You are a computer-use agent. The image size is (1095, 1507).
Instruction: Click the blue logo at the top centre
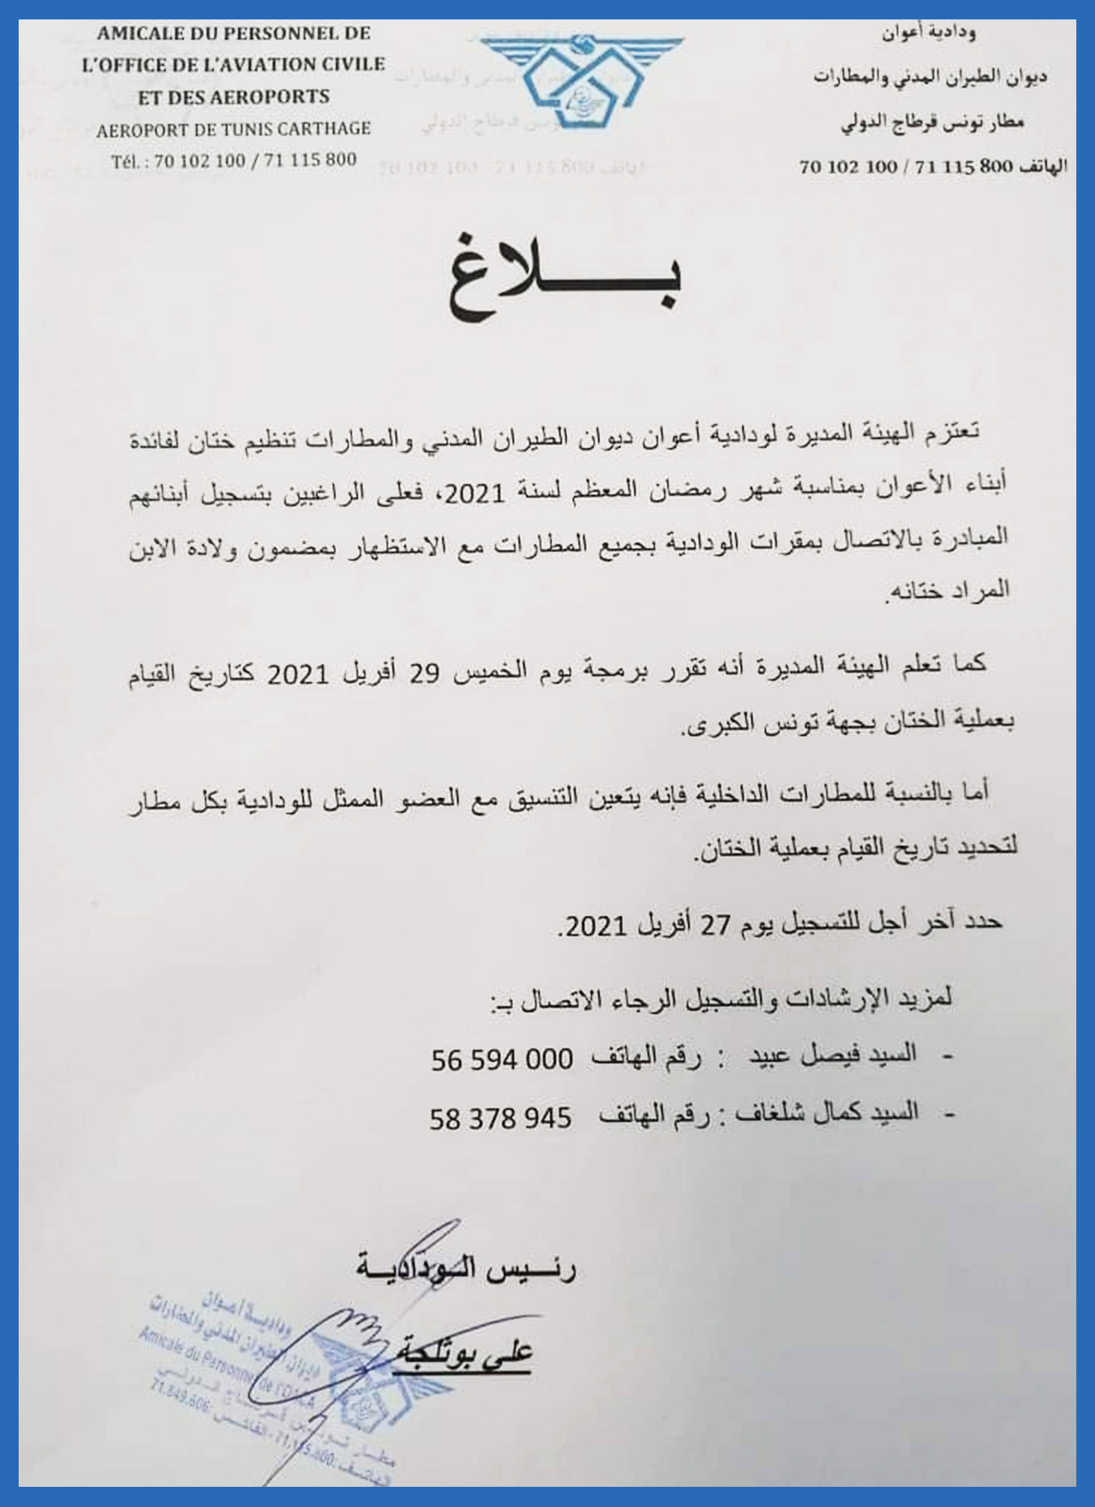[581, 79]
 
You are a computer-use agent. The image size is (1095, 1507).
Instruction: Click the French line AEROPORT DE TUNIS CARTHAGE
[233, 129]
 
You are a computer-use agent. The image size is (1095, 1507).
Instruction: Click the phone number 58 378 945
[500, 1118]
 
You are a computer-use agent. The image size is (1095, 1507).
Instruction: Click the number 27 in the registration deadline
[714, 926]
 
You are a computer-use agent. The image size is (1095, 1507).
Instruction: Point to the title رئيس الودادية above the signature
[466, 1269]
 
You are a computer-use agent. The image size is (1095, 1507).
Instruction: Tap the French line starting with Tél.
[233, 161]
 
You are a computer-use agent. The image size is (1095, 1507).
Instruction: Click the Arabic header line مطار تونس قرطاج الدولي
[932, 124]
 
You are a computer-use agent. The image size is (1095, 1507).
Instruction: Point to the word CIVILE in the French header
[353, 65]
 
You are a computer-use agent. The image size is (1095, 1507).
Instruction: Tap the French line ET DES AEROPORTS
[233, 97]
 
